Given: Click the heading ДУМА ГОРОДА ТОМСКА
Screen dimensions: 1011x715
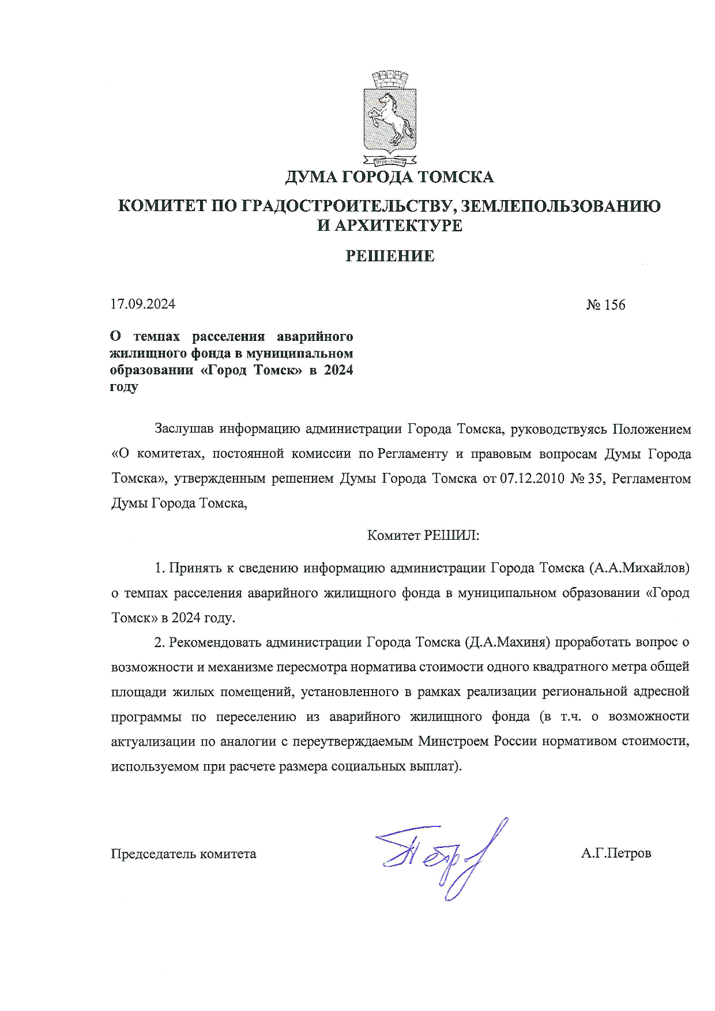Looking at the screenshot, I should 390,177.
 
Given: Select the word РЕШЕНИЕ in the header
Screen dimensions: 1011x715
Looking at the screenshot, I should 390,256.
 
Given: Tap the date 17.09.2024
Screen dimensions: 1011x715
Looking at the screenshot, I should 143,304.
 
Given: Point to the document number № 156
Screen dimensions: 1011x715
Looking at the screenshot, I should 605,305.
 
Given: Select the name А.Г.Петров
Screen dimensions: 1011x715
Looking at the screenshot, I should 616,853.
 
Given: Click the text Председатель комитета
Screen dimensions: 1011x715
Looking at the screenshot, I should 183,854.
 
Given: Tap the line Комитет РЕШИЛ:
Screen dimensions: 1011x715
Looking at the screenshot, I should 423,536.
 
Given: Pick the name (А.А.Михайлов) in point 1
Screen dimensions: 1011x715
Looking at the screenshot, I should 639,568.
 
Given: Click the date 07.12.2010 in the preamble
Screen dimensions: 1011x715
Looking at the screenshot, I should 532,479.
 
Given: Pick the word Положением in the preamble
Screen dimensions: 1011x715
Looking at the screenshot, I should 651,429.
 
